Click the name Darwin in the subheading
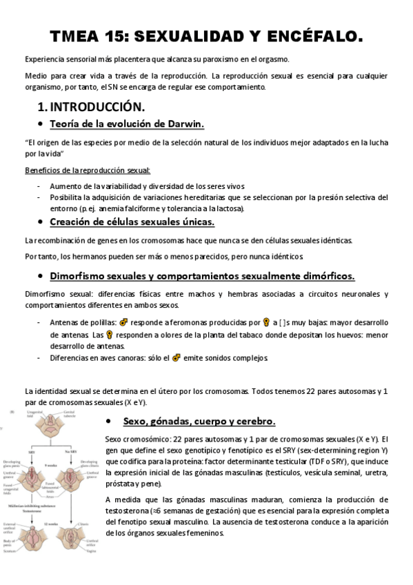182,123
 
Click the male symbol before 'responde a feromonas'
124,321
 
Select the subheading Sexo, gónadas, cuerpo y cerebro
199,421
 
